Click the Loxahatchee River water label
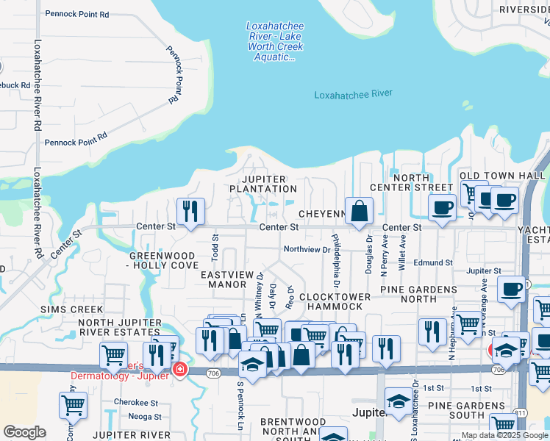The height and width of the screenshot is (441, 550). (x=353, y=94)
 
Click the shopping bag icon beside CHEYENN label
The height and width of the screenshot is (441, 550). (x=358, y=212)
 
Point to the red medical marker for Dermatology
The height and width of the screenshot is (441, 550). (x=178, y=370)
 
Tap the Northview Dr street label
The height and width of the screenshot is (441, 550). (x=307, y=250)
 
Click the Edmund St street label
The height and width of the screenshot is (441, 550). (x=432, y=262)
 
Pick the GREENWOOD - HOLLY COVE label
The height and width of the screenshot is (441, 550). (x=163, y=259)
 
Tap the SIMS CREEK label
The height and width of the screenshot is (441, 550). (x=68, y=309)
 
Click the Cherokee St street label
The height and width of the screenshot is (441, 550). (x=135, y=402)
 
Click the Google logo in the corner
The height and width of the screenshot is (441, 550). (x=24, y=432)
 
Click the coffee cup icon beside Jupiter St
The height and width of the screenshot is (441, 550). (x=511, y=290)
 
